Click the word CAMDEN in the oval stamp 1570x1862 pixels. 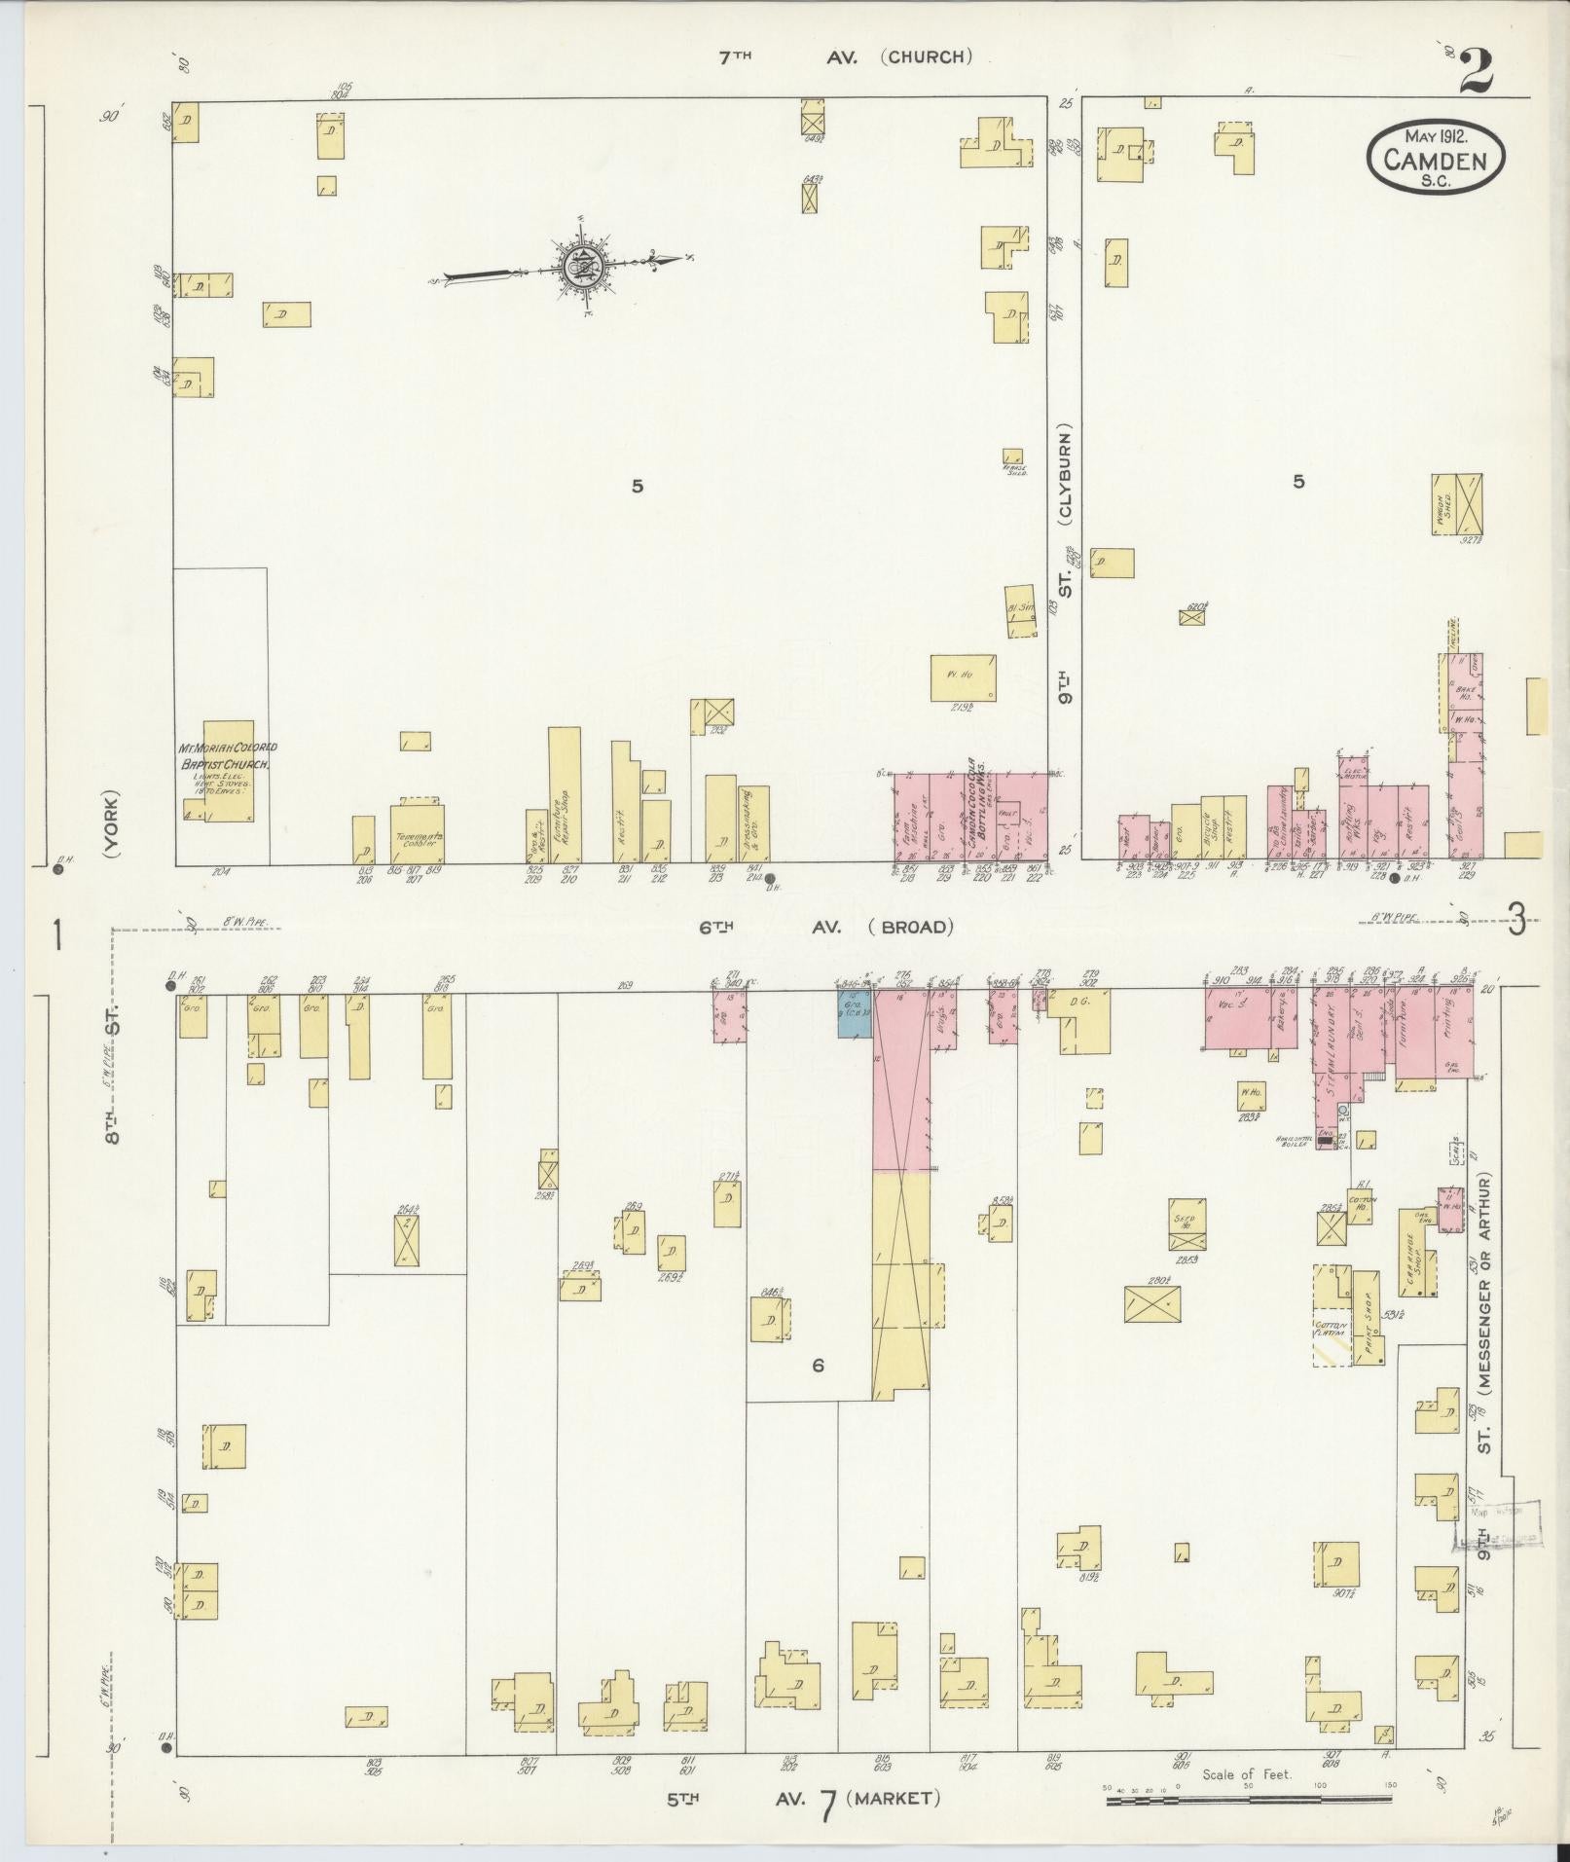click(x=1436, y=162)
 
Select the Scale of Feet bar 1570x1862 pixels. click(x=1250, y=1801)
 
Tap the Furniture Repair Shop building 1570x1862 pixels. click(x=565, y=793)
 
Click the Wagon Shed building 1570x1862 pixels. click(x=1456, y=503)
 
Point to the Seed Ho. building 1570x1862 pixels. click(x=1187, y=1223)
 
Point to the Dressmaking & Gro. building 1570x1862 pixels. click(x=753, y=823)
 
